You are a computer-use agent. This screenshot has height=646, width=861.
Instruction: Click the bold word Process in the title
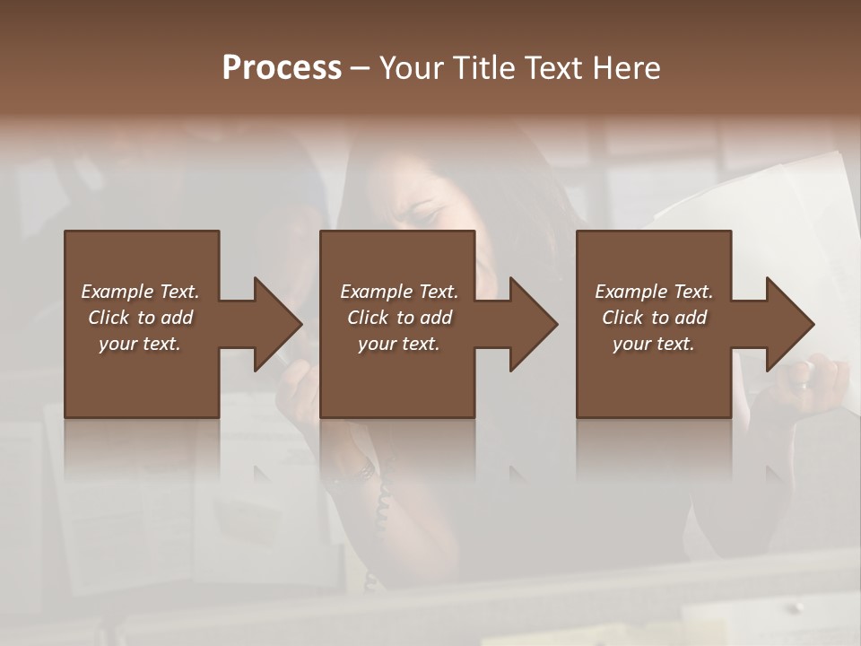pos(282,68)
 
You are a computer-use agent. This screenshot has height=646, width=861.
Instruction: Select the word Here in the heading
pos(624,68)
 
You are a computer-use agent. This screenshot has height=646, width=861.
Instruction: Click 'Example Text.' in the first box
pos(140,292)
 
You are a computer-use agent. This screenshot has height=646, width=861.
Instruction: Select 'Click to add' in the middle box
pos(399,318)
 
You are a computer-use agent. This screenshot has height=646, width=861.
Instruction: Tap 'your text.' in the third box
pos(654,344)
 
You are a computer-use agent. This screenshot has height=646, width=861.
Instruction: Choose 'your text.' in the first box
pos(140,344)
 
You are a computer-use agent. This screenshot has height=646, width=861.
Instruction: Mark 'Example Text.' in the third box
pos(654,292)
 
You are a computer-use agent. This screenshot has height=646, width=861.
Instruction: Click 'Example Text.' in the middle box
pos(399,292)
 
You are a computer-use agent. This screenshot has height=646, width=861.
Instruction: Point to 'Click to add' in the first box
pos(140,318)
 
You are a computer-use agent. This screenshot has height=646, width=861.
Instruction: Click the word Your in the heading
pos(411,68)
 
